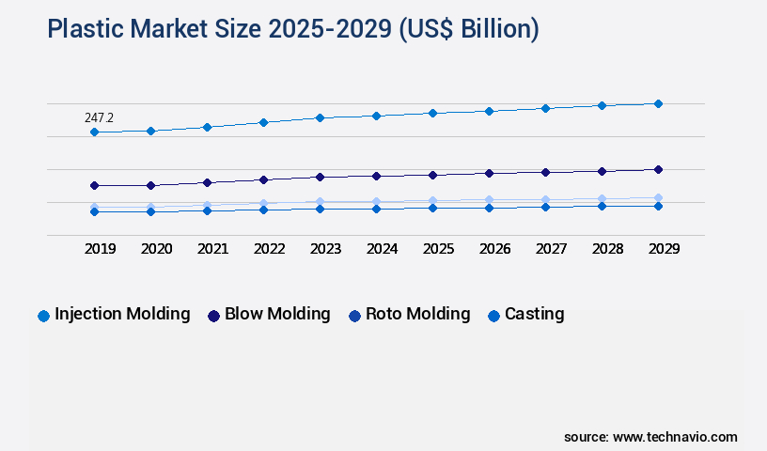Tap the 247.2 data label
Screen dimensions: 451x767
[x=99, y=117]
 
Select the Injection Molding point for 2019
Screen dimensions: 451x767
[x=94, y=132]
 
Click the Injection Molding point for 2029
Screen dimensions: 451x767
[x=658, y=103]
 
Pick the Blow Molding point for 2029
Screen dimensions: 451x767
[x=658, y=169]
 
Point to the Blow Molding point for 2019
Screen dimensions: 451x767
[x=94, y=186]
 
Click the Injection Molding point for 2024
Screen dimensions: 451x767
[x=376, y=116]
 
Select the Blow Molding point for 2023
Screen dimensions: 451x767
[x=320, y=177]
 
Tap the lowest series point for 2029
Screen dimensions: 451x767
[x=658, y=206]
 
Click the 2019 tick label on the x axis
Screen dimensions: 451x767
[x=100, y=249]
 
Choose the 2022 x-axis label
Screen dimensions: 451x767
[x=269, y=249]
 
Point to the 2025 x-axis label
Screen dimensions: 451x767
[x=438, y=249]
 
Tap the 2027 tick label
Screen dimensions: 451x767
[x=551, y=249]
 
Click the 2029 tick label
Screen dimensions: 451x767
[x=664, y=249]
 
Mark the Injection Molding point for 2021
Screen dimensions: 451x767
[x=207, y=127]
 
